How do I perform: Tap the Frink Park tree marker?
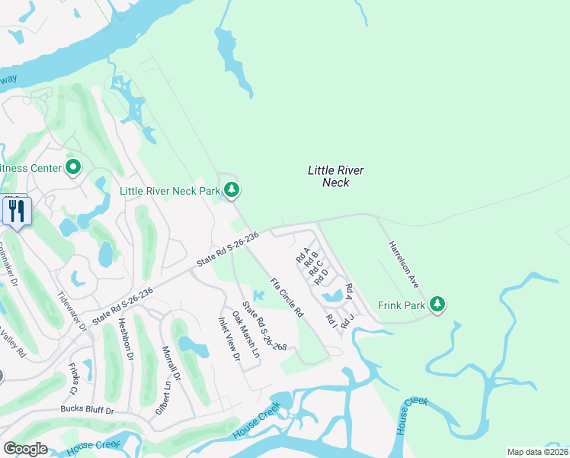click(x=437, y=305)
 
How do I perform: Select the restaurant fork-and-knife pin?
click(x=17, y=211)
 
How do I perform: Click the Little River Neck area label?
click(x=336, y=177)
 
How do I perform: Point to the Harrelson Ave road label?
click(x=404, y=265)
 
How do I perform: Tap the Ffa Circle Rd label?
click(x=287, y=298)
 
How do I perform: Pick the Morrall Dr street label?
click(x=171, y=363)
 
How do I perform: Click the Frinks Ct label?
click(x=73, y=379)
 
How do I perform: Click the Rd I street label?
click(x=331, y=321)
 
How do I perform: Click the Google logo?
click(x=25, y=449)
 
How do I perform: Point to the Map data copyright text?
click(x=538, y=452)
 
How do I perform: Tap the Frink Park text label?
click(x=402, y=305)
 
